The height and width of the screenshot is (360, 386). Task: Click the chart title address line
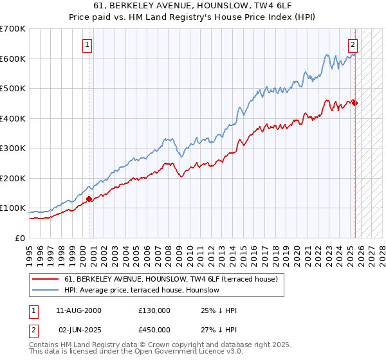[192, 6]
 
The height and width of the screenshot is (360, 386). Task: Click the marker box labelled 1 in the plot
[87, 45]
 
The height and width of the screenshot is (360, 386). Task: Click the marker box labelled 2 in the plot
[353, 45]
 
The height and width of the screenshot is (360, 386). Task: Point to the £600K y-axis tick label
[13, 59]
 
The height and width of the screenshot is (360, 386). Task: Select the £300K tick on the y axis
[13, 148]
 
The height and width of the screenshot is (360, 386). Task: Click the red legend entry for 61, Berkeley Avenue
[170, 279]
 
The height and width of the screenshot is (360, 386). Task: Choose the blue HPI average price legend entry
[142, 290]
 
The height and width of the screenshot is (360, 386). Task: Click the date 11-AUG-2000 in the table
[79, 310]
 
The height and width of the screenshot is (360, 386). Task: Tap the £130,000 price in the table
[154, 310]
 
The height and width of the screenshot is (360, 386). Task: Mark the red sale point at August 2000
[89, 199]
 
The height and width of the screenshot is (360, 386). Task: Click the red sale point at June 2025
[354, 103]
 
